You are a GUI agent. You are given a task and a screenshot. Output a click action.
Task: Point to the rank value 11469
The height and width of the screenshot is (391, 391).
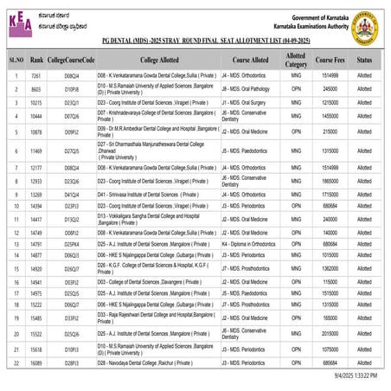[x=37, y=151]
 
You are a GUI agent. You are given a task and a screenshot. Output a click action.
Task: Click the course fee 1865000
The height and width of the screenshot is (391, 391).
[x=330, y=181]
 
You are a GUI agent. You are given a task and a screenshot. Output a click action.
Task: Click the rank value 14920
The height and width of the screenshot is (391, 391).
[x=37, y=268]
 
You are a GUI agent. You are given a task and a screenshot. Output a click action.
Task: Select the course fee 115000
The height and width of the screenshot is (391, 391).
[x=330, y=281]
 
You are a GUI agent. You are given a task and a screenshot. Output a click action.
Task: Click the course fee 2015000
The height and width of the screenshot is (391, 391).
[x=330, y=333]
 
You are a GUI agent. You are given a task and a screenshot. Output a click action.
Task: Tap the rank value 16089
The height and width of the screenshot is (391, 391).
[x=37, y=363]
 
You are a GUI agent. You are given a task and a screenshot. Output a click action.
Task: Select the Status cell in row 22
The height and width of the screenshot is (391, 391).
[x=366, y=363]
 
